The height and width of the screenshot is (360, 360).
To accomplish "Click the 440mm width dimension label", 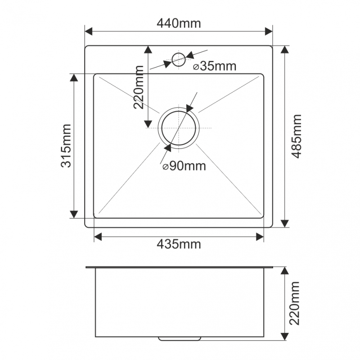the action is pyautogui.click(x=179, y=23).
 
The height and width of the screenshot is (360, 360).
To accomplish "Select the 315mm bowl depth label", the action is pyautogui.click(x=66, y=146).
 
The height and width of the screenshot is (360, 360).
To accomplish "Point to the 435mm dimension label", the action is pyautogui.click(x=179, y=244).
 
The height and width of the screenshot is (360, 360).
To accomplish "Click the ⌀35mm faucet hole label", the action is pyautogui.click(x=215, y=66).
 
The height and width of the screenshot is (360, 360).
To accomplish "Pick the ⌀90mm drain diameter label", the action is pyautogui.click(x=184, y=166).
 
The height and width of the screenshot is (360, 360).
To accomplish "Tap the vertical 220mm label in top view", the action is pyautogui.click(x=139, y=87).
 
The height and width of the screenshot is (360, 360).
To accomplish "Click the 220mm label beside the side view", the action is pyautogui.click(x=295, y=303).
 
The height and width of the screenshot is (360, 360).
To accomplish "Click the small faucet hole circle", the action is pyautogui.click(x=179, y=53).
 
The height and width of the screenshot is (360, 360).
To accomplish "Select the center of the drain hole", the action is pyautogui.click(x=179, y=128).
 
